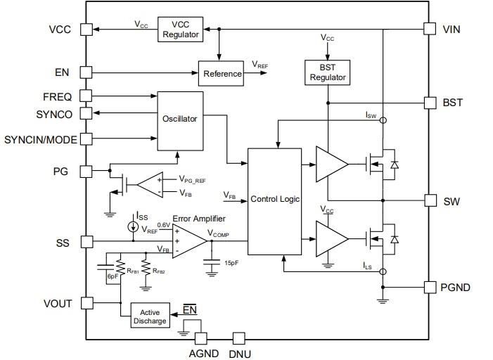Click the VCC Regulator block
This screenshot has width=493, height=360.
tap(180, 29)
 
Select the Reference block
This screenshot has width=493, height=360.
tap(222, 73)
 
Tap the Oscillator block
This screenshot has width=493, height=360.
tap(179, 120)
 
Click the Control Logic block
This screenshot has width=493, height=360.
tap(275, 200)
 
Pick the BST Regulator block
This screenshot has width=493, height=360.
tap(327, 71)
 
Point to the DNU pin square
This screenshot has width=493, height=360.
tap(238, 339)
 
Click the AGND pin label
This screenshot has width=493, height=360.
tap(204, 354)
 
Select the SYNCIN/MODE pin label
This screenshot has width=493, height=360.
tap(40, 139)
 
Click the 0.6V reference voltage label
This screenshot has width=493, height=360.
tap(163, 224)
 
